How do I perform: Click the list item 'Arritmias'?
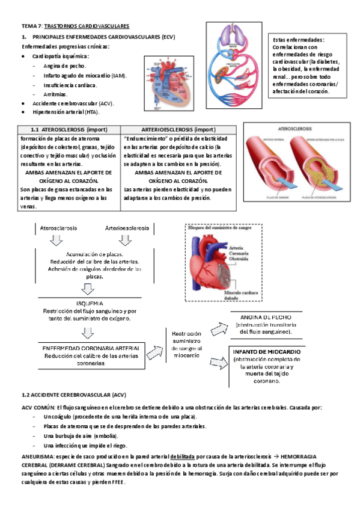[x=55, y=94]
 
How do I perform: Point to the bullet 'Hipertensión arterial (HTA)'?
[x=66, y=112]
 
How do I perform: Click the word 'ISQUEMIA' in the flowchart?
[x=90, y=303]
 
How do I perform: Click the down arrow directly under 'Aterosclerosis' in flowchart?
[x=55, y=241]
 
